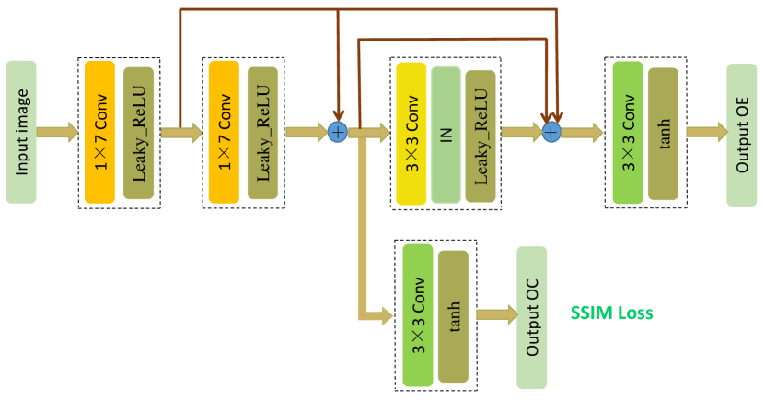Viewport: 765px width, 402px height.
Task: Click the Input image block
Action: (x=21, y=132)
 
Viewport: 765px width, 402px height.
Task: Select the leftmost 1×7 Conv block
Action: (x=100, y=132)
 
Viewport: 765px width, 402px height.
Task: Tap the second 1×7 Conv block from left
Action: (x=224, y=132)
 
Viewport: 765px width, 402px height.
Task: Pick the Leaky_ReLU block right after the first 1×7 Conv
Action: (x=139, y=133)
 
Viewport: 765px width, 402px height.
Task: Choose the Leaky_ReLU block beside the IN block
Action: (x=481, y=136)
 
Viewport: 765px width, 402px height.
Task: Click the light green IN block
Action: (x=446, y=135)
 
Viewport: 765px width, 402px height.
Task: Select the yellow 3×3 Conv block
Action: (x=411, y=134)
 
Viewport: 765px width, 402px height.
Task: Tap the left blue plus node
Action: (x=338, y=132)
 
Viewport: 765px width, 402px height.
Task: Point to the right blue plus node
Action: (x=551, y=133)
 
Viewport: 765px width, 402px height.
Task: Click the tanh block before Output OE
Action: (x=663, y=134)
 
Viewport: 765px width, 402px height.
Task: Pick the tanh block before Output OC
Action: (x=453, y=316)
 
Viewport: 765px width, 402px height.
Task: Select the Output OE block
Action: (x=741, y=136)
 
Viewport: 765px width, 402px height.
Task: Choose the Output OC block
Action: (x=532, y=317)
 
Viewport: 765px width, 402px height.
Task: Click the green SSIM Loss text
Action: (x=611, y=313)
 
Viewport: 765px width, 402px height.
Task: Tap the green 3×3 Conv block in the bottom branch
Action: (x=418, y=315)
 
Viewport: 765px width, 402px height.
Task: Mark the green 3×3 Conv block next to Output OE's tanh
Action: (x=628, y=133)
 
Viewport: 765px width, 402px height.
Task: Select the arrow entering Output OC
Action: (x=497, y=314)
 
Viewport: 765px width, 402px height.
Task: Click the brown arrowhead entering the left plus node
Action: (x=338, y=113)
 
